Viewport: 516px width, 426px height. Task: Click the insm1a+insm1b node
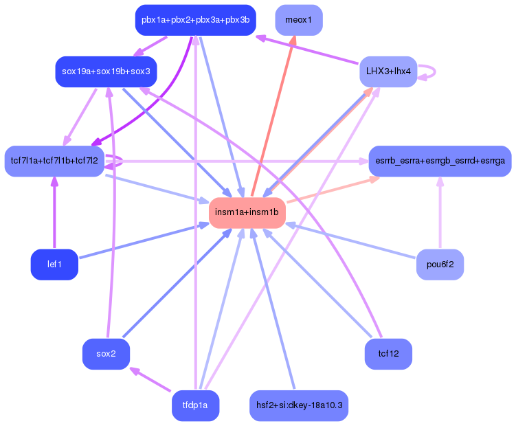[x=247, y=213]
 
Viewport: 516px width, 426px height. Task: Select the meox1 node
[x=298, y=20]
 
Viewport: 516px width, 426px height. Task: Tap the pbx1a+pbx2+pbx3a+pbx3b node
[x=195, y=20]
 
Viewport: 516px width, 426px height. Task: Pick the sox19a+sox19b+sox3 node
[x=106, y=71]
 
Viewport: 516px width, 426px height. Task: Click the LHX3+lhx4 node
[x=388, y=71]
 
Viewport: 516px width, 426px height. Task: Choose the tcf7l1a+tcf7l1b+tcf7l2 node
[x=54, y=161]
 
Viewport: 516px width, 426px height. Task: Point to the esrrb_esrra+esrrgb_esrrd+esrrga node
[x=440, y=161]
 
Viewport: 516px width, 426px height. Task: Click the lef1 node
[x=54, y=265]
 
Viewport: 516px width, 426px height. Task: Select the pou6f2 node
[x=440, y=265]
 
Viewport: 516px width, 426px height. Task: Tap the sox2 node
[x=106, y=354]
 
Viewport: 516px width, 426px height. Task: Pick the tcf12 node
[x=388, y=354]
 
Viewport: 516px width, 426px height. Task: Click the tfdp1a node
[x=195, y=405]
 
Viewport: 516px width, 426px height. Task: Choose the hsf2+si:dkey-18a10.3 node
[x=298, y=405]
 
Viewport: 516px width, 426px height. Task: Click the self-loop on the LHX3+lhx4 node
[x=431, y=71]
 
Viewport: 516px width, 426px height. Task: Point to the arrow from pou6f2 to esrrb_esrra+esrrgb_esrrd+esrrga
[x=440, y=213]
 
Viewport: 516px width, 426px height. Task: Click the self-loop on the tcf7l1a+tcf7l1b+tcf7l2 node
[x=118, y=161]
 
